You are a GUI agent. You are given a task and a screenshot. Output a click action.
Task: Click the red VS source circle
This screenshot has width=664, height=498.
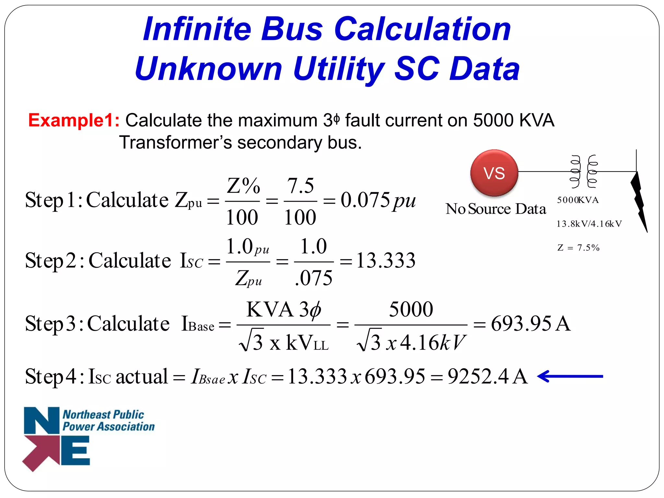494,173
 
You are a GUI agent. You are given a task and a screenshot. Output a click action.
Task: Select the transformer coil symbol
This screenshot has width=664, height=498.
584,172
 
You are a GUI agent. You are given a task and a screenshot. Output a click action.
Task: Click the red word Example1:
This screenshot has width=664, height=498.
74,120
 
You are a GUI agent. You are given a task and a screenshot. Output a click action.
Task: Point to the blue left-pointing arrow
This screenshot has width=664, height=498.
570,376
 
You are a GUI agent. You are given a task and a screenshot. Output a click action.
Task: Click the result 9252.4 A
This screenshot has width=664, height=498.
488,377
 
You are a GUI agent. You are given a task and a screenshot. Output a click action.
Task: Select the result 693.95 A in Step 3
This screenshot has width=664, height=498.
530,324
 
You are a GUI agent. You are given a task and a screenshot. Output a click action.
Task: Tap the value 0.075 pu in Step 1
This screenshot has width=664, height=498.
378,200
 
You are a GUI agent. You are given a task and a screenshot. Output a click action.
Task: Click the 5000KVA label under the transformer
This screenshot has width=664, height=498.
578,200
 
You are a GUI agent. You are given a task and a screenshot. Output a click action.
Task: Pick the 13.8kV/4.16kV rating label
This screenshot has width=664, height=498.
589,224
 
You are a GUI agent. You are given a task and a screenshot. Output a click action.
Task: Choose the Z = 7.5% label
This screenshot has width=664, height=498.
578,248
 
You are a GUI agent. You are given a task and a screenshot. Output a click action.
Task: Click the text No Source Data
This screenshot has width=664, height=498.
496,209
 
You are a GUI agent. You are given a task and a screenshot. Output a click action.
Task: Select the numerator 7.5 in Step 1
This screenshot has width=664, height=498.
301,186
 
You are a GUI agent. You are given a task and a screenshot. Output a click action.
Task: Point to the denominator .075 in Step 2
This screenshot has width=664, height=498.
314,278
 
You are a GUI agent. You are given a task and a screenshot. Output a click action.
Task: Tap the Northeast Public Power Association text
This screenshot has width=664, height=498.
108,421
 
